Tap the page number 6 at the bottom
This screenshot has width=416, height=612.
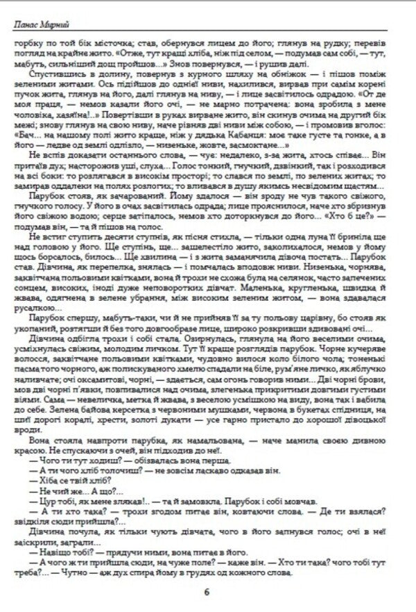click(x=207, y=592)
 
